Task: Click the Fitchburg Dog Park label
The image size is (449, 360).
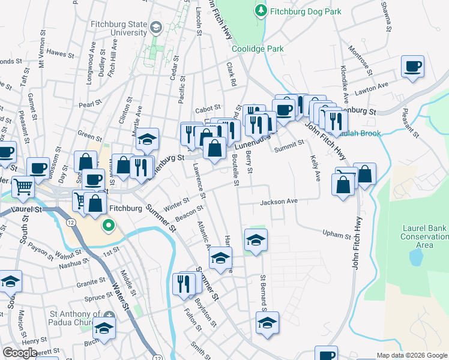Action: pos(306,11)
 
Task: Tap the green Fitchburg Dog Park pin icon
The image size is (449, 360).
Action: pos(261,11)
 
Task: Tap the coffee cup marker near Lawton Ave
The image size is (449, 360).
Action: pos(412,67)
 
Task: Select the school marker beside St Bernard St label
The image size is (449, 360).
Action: pos(267,323)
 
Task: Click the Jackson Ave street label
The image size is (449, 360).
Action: pos(279,202)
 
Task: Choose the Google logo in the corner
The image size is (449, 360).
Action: pos(20,353)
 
